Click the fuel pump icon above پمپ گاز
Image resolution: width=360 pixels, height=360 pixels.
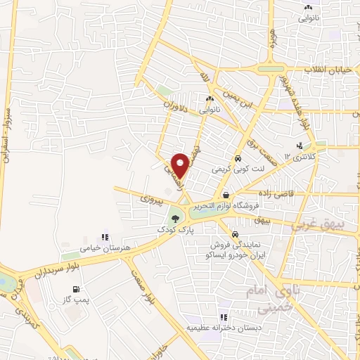75,289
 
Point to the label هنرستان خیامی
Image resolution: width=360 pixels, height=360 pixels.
84,247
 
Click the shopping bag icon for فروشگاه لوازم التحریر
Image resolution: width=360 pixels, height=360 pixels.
226,195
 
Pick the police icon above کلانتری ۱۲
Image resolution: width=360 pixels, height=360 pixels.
300,146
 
